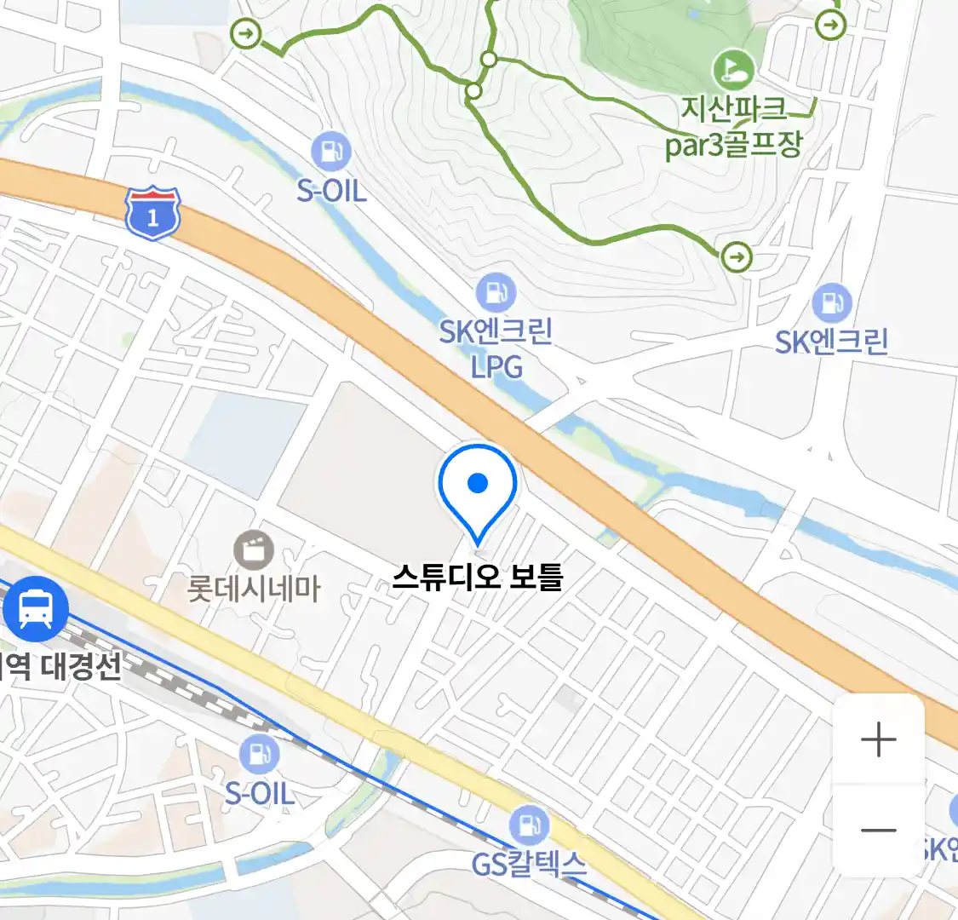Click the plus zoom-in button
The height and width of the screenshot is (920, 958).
click(x=878, y=739)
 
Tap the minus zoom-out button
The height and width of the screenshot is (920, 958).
click(x=878, y=831)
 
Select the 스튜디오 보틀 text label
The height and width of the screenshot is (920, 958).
click(x=478, y=578)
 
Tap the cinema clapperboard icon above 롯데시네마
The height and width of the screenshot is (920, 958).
click(x=254, y=549)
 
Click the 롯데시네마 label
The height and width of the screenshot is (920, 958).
click(x=254, y=589)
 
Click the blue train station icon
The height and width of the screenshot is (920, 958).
click(x=35, y=608)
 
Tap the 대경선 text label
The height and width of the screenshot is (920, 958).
click(x=82, y=665)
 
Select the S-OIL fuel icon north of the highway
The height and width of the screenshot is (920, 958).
click(x=331, y=152)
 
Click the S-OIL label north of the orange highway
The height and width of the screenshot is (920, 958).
click(x=331, y=190)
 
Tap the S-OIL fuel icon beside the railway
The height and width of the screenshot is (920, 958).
click(x=259, y=755)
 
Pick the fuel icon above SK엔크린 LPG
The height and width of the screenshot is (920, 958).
click(x=496, y=293)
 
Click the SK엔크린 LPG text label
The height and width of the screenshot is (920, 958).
click(x=496, y=348)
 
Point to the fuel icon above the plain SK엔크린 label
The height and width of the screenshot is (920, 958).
click(x=831, y=303)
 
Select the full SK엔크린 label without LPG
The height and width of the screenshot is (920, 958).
click(x=831, y=342)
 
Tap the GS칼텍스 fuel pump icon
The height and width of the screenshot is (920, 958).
click(x=529, y=825)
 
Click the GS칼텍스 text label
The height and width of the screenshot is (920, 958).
click(x=529, y=865)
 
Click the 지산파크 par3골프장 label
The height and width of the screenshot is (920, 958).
click(x=734, y=127)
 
